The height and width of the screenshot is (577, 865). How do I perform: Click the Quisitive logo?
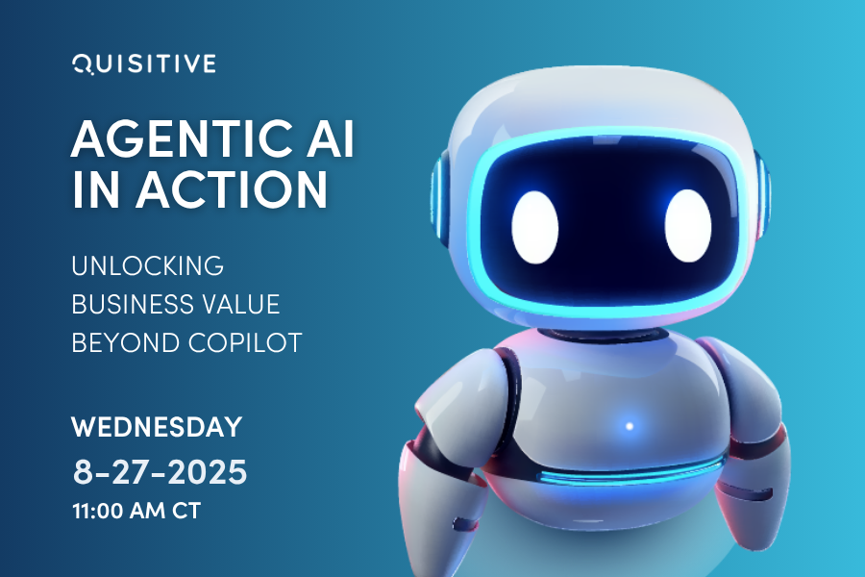pos(144,64)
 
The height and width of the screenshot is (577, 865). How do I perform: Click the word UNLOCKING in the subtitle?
pos(147,264)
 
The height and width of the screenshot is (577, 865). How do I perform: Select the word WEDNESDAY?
pos(157,426)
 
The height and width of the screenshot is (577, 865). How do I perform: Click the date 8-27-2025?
pos(161,471)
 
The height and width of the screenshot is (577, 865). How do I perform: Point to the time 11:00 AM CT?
pos(136,510)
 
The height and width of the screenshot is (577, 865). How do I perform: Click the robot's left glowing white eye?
pos(535,220)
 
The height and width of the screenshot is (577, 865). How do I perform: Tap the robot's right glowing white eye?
pos(688,220)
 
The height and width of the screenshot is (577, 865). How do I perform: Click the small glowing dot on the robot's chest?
pos(630,425)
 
